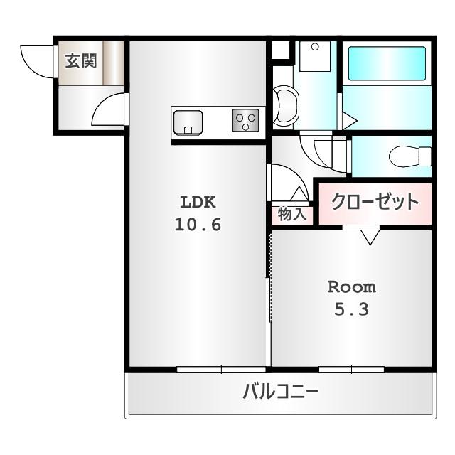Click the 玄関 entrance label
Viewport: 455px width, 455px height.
click(x=81, y=61)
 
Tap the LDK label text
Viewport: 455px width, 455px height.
click(x=198, y=201)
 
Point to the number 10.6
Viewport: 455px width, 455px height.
click(x=198, y=225)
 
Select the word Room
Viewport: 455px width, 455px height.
click(x=351, y=287)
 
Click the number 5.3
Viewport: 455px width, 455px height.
click(x=351, y=311)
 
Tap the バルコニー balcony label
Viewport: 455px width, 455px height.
click(x=279, y=392)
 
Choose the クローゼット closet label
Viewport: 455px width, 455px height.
click(x=375, y=202)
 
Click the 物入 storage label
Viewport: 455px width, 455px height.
click(x=292, y=214)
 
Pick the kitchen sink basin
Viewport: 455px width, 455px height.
click(x=188, y=122)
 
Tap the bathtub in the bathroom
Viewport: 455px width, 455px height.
click(x=387, y=65)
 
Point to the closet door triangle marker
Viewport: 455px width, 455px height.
click(x=370, y=237)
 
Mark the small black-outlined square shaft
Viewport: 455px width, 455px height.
click(x=281, y=50)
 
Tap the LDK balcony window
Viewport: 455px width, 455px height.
click(x=221, y=369)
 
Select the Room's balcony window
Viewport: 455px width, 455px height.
click(x=352, y=369)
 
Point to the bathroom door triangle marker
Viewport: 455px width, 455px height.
click(x=348, y=120)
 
